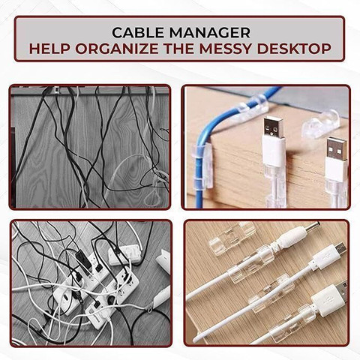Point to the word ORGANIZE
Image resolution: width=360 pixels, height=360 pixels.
click(x=117, y=49)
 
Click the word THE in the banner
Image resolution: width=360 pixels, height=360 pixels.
click(x=178, y=49)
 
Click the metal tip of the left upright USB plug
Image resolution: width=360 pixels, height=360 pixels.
click(x=274, y=127)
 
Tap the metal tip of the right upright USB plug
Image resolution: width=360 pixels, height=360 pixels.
click(x=337, y=148)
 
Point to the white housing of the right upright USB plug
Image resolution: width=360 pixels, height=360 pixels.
click(x=336, y=171)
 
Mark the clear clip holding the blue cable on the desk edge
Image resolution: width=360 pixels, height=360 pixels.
click(x=202, y=166)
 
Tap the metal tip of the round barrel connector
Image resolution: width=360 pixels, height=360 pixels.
click(x=314, y=227)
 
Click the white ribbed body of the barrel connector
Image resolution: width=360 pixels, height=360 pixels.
click(x=292, y=238)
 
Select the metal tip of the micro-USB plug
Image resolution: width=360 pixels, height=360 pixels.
click(x=340, y=249)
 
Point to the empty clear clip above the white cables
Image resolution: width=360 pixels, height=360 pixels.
click(x=231, y=238)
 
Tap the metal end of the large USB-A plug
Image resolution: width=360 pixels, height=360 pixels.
click(x=343, y=291)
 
